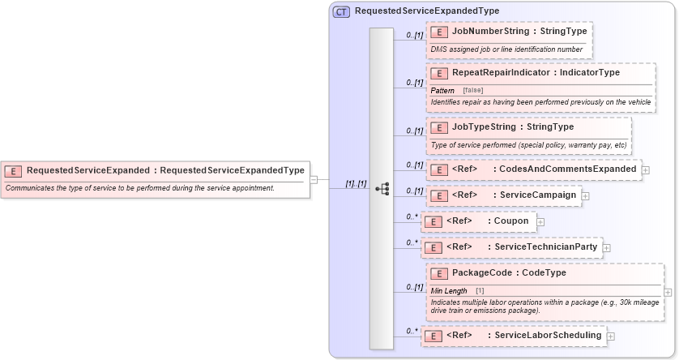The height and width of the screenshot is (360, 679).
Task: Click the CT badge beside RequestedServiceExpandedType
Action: pos(341,11)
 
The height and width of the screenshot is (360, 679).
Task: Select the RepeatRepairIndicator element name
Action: pos(501,73)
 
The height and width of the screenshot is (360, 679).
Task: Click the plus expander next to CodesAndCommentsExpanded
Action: pos(646,170)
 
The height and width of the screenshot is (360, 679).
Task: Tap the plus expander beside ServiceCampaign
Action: pos(585,196)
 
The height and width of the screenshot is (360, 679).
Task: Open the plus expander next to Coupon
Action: pos(540,221)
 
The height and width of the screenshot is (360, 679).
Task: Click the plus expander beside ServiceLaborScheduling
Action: pos(610,336)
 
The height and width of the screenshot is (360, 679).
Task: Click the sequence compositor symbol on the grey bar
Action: pos(382,188)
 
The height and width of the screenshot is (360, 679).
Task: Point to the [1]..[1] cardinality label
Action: pos(356,184)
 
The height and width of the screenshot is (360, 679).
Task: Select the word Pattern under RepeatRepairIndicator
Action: pos(442,90)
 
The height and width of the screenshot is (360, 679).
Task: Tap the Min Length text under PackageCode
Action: pos(448,291)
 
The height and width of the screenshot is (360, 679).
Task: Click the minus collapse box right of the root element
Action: pos(314,180)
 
